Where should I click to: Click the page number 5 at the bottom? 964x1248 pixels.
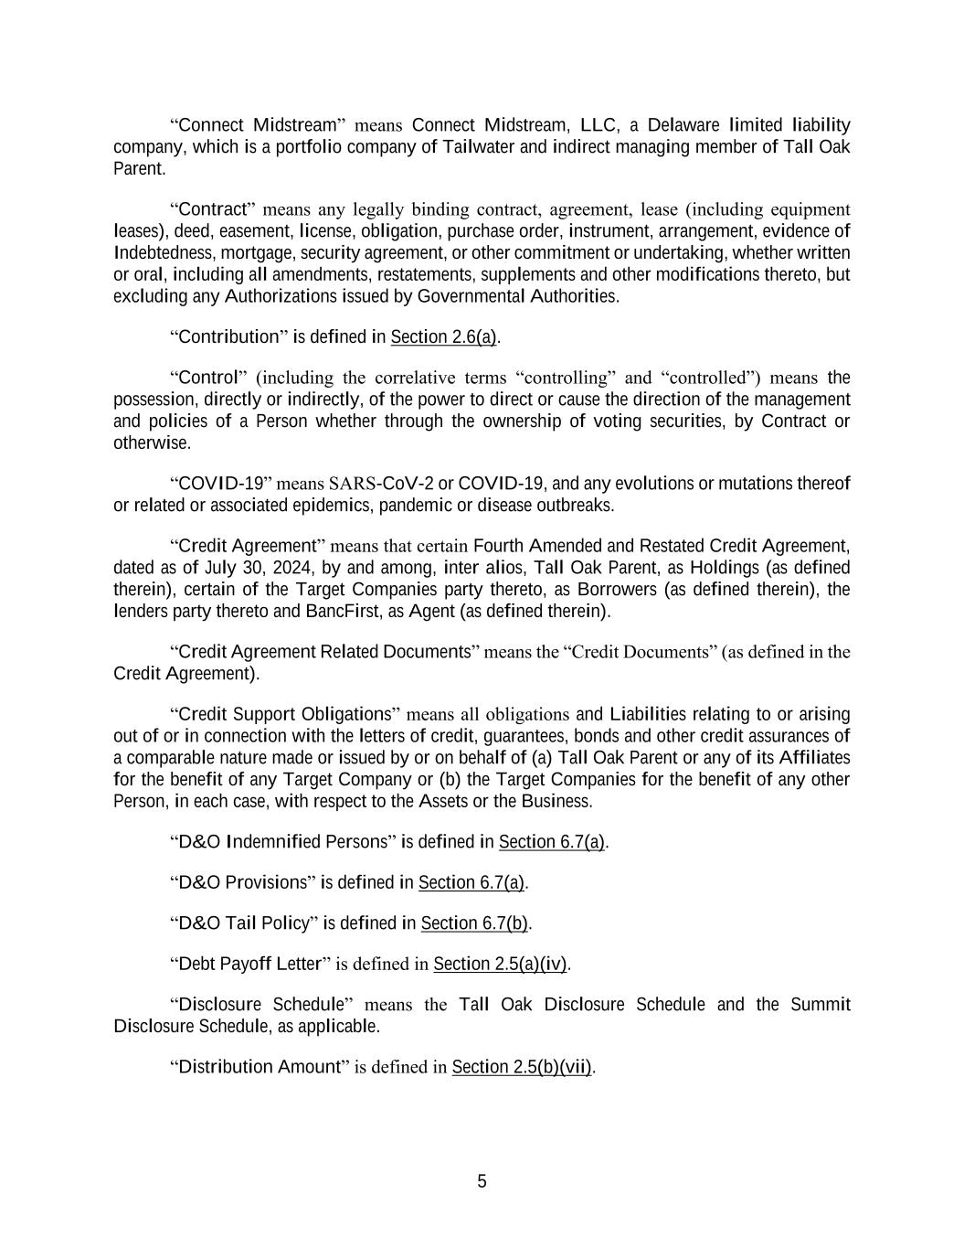pyautogui.click(x=482, y=1181)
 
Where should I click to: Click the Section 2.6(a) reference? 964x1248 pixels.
pyautogui.click(x=443, y=337)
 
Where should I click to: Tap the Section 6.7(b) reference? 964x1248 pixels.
pyautogui.click(x=474, y=923)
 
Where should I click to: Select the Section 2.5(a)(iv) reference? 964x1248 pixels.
pyautogui.click(x=500, y=964)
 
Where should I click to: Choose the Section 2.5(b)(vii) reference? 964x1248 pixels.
pyautogui.click(x=522, y=1067)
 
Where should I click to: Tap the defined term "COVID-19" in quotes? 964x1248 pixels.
pyautogui.click(x=219, y=483)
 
